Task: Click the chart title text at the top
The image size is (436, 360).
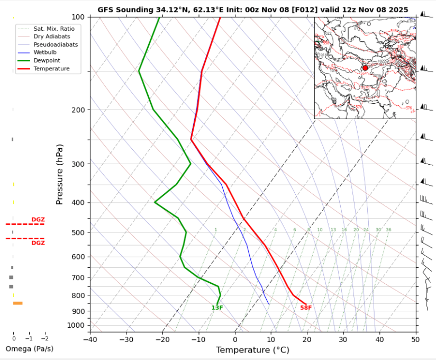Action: [x=252, y=10]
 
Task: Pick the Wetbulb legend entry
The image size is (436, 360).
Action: [x=47, y=53]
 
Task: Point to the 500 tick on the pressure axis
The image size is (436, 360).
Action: [x=78, y=232]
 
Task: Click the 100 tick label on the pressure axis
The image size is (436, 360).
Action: [x=78, y=17]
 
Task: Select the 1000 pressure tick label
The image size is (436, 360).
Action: [x=76, y=325]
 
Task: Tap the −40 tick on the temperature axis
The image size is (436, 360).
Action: [x=90, y=339]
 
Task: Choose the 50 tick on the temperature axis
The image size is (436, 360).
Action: [x=415, y=339]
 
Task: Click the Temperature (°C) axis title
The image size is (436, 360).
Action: [x=252, y=350]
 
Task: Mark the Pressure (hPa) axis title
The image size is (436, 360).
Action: [x=59, y=174]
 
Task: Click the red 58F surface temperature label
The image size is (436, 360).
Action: [x=306, y=308]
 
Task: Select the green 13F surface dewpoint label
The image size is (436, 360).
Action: [x=217, y=308]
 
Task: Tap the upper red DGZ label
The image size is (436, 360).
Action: [x=38, y=220]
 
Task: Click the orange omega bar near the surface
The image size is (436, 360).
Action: [x=17, y=303]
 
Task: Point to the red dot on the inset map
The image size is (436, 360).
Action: [x=365, y=68]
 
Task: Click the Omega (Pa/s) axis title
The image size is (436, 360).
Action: [x=29, y=349]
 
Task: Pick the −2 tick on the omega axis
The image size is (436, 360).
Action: [x=44, y=338]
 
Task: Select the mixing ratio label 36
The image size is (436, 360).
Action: [x=388, y=230]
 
